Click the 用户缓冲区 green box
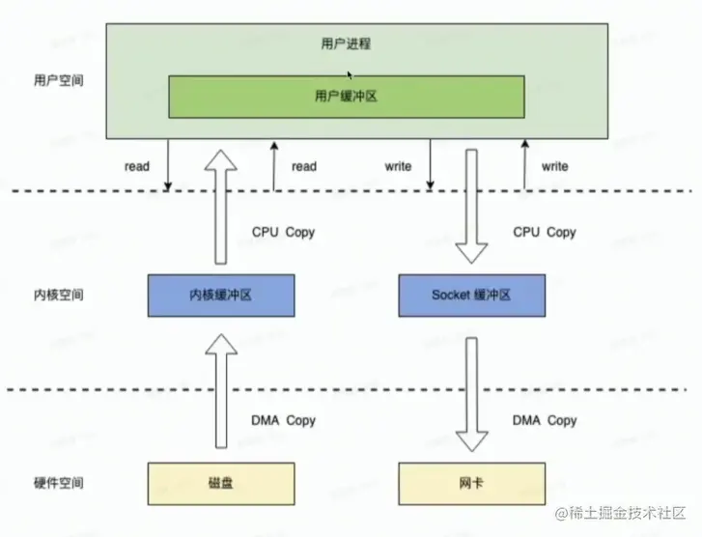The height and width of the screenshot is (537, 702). tap(347, 97)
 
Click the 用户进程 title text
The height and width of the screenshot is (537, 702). tap(346, 43)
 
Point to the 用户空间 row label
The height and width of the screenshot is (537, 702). tap(58, 80)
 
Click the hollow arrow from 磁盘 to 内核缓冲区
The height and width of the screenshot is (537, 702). tap(221, 396)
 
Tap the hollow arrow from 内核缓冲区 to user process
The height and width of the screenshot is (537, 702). tap(221, 208)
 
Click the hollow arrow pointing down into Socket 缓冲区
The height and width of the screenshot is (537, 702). tap(472, 208)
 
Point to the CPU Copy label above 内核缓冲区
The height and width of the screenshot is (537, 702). tap(283, 233)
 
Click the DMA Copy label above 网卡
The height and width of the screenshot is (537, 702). tap(545, 420)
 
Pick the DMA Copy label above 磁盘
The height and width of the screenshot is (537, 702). tap(283, 420)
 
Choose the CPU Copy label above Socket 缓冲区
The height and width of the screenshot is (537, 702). tap(545, 233)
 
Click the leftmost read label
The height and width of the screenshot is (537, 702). tap(137, 166)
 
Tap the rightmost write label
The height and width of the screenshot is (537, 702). tap(554, 166)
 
